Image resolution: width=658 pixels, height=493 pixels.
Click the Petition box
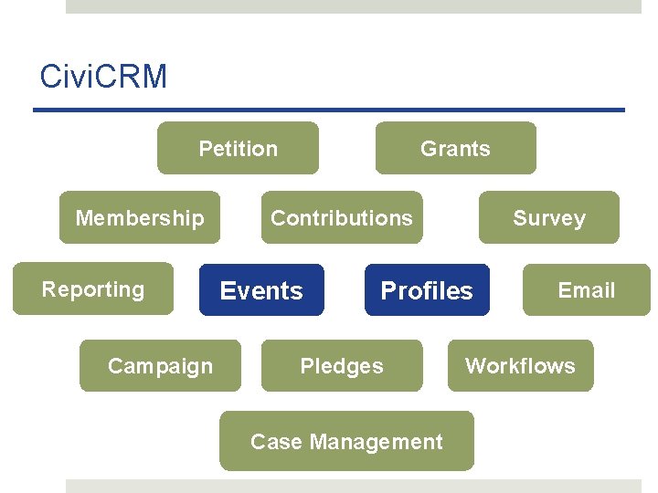click(x=238, y=148)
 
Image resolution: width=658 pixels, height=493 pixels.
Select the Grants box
click(x=455, y=148)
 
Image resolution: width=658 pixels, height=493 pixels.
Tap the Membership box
click(x=140, y=217)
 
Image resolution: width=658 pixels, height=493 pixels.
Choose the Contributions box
click(x=342, y=217)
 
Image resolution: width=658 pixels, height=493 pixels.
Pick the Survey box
click(x=548, y=217)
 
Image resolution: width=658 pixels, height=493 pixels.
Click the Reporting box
click(x=93, y=289)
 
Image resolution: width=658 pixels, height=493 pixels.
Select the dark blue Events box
click(x=261, y=290)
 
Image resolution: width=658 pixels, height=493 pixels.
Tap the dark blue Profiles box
click(x=427, y=290)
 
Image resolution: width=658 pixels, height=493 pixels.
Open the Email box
click(x=586, y=290)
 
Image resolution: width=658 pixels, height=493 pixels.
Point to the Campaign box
click(x=160, y=366)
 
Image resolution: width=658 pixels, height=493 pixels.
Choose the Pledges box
click(x=342, y=366)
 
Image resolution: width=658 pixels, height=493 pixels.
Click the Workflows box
click(x=520, y=366)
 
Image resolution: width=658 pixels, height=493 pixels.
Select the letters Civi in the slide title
click(x=64, y=77)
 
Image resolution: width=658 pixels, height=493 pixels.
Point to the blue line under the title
click(x=329, y=110)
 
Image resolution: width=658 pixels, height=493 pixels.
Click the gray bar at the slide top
click(x=354, y=6)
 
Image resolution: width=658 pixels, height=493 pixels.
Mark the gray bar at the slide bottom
click(x=354, y=486)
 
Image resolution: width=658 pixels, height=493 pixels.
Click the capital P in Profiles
click(x=387, y=290)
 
